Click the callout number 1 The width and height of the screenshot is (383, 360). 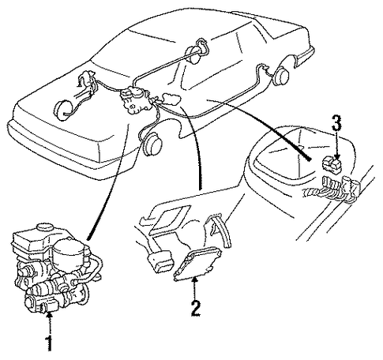[49, 343]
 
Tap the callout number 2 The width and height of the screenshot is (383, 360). [196, 308]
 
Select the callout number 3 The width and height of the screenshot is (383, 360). [336, 123]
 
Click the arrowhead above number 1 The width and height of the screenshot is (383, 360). [49, 313]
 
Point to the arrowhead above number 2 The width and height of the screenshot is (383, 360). [194, 279]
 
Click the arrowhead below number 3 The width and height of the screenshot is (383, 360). [337, 156]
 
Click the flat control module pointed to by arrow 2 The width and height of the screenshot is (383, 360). [197, 263]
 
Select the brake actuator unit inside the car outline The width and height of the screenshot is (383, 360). [135, 101]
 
